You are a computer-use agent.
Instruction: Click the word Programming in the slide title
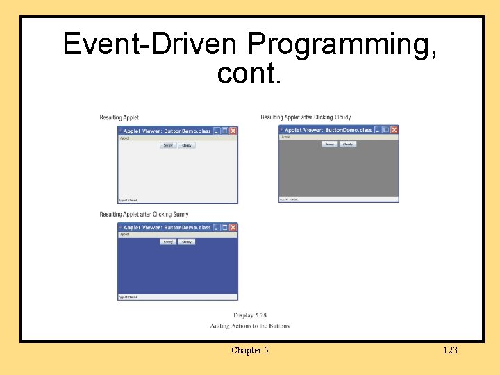(342, 44)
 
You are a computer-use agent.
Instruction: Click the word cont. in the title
(249, 72)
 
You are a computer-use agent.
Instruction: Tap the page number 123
(450, 350)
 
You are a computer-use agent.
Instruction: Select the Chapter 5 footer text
(249, 350)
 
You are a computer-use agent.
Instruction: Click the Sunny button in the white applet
(168, 145)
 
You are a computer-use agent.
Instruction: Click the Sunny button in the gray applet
(329, 144)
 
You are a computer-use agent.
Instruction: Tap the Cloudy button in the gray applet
(348, 144)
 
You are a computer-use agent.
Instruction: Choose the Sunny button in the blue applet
(168, 242)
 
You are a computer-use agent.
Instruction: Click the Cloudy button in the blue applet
(186, 242)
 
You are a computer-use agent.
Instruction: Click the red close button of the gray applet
(394, 129)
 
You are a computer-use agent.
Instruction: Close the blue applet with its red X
(233, 227)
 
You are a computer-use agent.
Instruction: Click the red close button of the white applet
(233, 131)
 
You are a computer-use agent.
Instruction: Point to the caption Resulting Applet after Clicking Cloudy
(306, 117)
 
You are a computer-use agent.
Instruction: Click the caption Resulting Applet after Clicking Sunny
(144, 214)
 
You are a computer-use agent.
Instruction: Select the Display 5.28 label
(249, 315)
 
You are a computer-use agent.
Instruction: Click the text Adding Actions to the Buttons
(249, 326)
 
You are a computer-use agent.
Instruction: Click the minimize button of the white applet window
(216, 131)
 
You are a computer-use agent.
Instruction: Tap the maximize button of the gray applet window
(385, 129)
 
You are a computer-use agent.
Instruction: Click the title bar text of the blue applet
(167, 227)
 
